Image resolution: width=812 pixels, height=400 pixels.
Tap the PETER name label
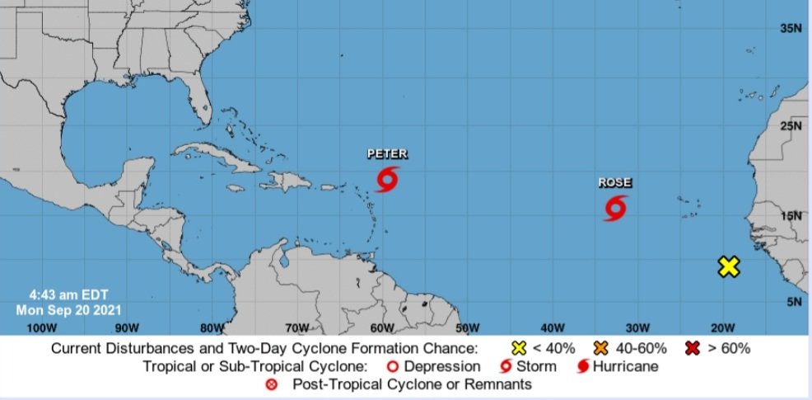pos(387,154)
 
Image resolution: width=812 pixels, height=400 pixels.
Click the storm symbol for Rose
pos(614,208)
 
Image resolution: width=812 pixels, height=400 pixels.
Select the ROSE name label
pos(615,183)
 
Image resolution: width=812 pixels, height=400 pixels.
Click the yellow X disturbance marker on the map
pos(728,266)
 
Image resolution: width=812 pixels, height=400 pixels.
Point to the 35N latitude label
pos(791,29)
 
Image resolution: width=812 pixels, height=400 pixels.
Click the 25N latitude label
pos(791,126)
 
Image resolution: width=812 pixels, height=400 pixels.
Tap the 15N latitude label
pos(791,216)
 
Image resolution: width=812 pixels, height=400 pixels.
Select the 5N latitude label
pos(793,302)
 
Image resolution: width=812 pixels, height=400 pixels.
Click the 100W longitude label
pos(41,327)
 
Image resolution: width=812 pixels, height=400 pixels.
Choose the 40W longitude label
pos(552,327)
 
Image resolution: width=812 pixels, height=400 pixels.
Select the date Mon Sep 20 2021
pos(68,310)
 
